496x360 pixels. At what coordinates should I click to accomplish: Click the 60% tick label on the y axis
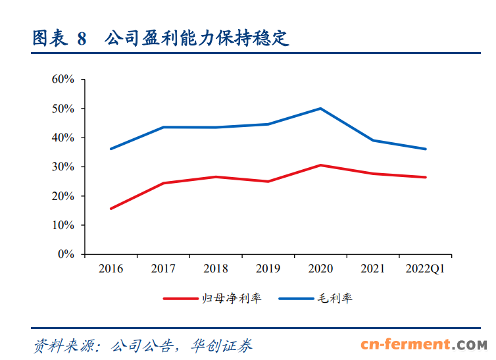[63, 80]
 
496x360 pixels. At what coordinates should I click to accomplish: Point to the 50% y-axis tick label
[63, 109]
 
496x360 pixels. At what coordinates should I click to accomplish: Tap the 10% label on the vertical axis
[63, 225]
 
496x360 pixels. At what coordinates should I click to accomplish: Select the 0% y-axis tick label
[66, 254]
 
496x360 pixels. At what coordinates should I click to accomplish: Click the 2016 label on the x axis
[111, 269]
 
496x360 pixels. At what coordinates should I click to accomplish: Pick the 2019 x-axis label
[268, 269]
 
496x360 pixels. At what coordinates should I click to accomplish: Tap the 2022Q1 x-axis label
[426, 269]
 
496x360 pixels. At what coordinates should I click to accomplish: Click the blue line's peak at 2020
[320, 108]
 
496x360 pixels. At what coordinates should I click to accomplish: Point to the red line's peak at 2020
[320, 165]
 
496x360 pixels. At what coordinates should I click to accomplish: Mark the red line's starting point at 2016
[111, 209]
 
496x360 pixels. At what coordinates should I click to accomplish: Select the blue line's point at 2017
[163, 127]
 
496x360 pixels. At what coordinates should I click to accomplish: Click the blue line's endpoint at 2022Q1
[426, 149]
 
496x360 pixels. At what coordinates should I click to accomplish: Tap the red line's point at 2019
[268, 181]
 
